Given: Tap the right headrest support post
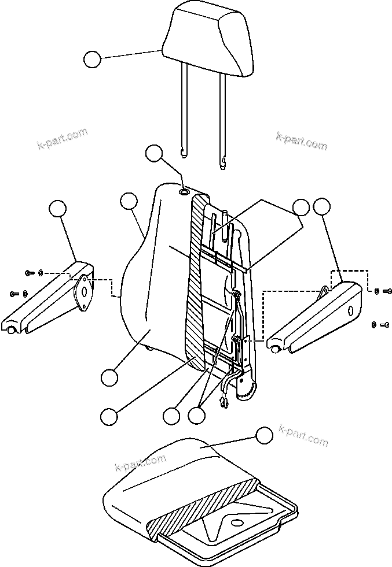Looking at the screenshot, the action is point(223,116).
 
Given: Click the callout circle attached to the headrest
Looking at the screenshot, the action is point(92,60).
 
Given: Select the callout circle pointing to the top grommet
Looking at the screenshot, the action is point(154,153).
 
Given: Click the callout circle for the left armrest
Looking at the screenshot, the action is point(57,209).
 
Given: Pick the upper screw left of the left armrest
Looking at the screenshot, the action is point(30,272).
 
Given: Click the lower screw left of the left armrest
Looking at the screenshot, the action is point(14,294).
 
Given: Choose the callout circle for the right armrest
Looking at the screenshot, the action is point(321,206).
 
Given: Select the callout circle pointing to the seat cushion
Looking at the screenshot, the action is point(264,436).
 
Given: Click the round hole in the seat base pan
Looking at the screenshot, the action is point(236,523).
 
